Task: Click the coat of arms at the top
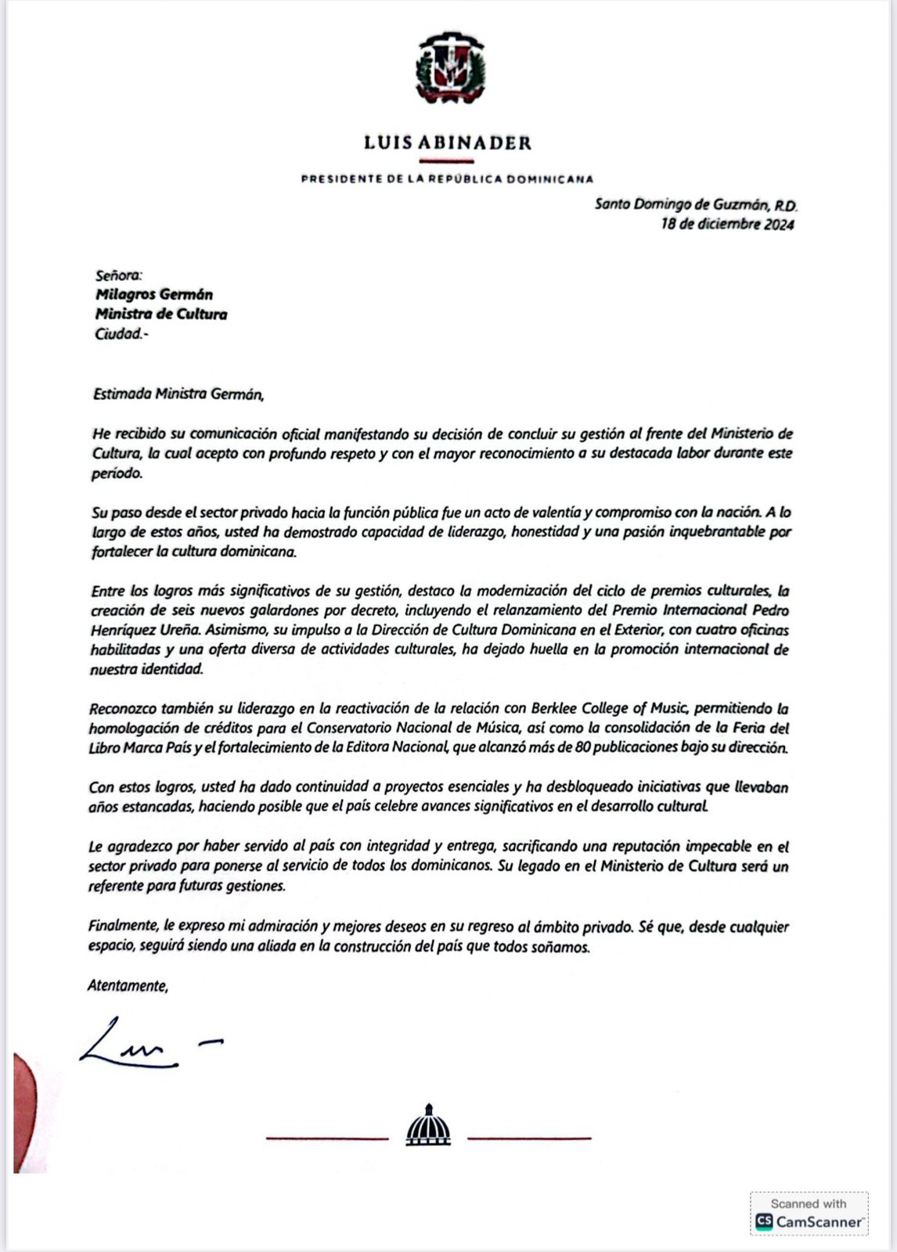(x=449, y=69)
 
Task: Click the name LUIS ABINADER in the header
(x=448, y=143)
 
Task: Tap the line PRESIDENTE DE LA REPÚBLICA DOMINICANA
(x=448, y=179)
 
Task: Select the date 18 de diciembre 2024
(x=727, y=225)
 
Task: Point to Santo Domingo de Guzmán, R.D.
(x=695, y=205)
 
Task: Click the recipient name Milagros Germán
(x=154, y=295)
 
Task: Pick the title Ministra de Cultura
(x=161, y=315)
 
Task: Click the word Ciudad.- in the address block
(x=121, y=334)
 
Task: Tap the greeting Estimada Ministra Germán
(x=178, y=394)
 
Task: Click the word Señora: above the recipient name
(x=118, y=275)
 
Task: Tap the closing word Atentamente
(x=128, y=987)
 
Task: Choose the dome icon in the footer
(x=428, y=1127)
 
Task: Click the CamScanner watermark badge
(x=809, y=1214)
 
